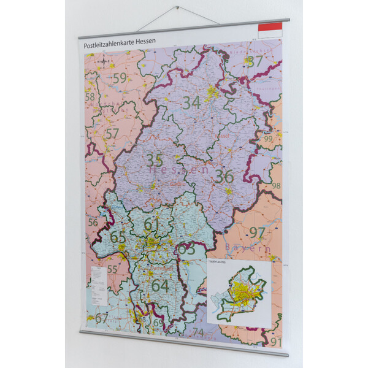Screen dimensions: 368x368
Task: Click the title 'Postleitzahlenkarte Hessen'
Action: pos(120,45)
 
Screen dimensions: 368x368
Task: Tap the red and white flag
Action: pos(270,28)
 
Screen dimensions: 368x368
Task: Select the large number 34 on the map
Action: pos(191,103)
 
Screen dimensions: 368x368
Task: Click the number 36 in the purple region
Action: pos(224,177)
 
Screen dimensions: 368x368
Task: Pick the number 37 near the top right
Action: pos(255,61)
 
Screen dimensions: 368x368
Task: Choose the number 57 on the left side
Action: pos(112,134)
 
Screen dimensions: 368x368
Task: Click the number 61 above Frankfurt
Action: pos(151,224)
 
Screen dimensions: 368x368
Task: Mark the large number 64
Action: pos(160,285)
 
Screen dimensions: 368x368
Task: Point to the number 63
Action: pos(186,249)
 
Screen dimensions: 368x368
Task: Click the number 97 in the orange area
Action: pos(257,232)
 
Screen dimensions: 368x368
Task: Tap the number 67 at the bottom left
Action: pos(101,318)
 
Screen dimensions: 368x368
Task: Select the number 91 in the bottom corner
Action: pos(275,342)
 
